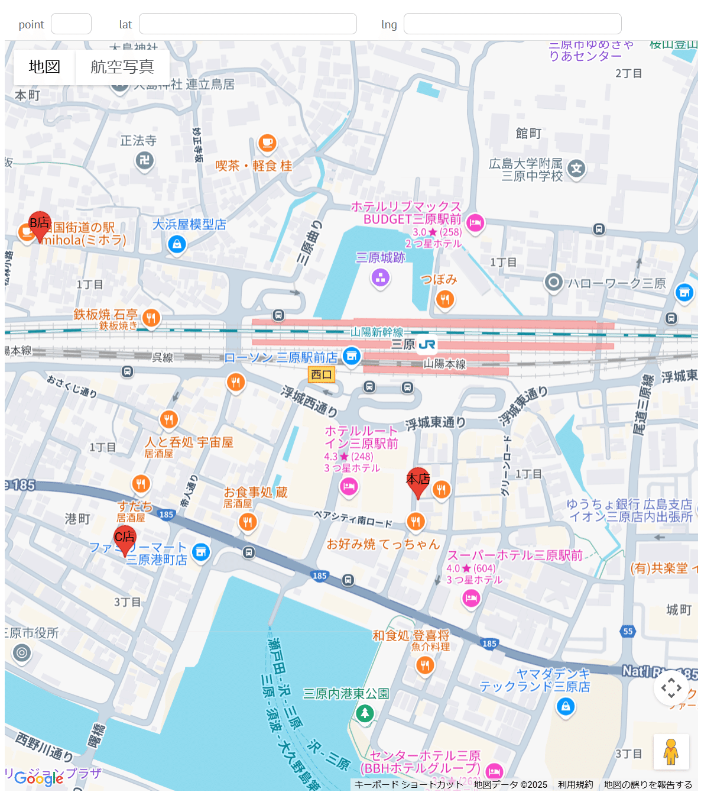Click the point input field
point(71,24)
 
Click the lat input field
point(248,24)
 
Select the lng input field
point(512,24)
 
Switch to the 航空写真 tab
point(122,67)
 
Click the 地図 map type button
point(44,67)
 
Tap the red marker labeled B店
point(40,225)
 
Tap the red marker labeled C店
point(125,539)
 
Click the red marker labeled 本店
point(418,481)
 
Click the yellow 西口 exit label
point(322,374)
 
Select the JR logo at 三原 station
point(427,344)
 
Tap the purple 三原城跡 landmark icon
point(380,277)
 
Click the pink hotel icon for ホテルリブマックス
point(475,223)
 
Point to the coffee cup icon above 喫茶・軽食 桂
point(267,143)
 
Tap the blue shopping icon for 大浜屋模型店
point(177,244)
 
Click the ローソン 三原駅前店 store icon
point(352,356)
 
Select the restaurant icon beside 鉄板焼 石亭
point(151,318)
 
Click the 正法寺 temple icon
point(144,160)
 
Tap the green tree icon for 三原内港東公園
point(365,713)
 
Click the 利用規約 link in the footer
point(575,784)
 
